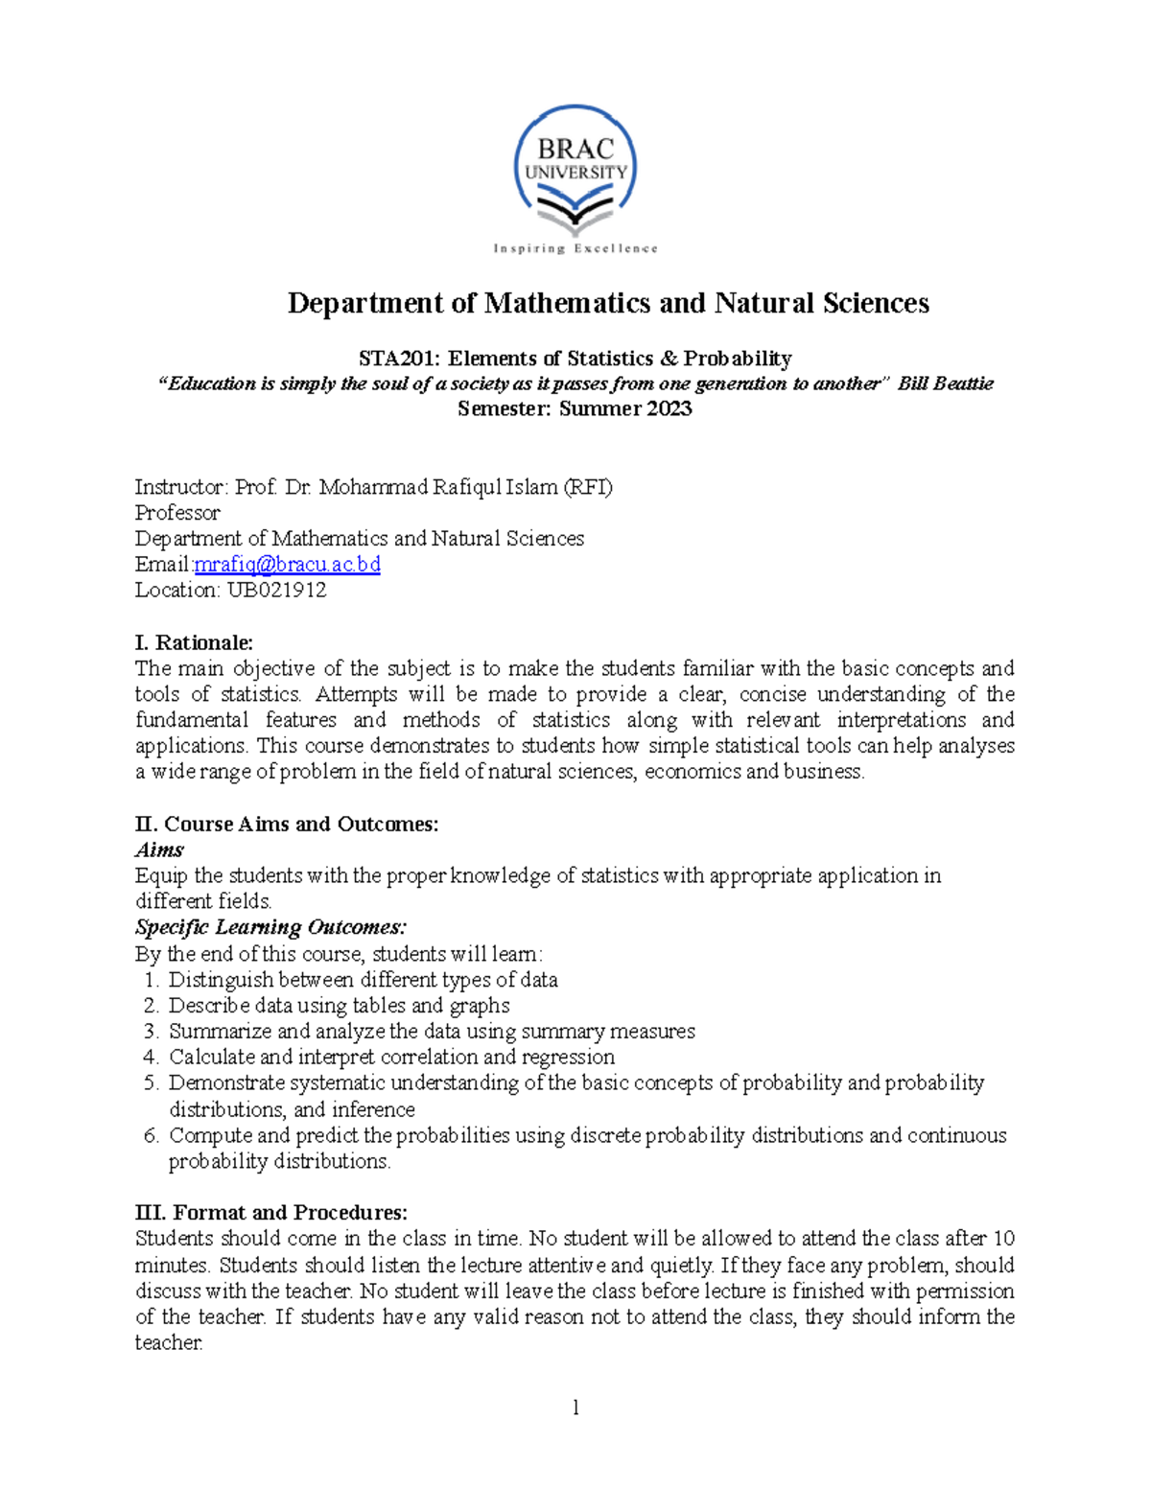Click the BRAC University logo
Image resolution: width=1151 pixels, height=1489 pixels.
(575, 173)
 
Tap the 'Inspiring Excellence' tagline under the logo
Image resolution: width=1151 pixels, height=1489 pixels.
(575, 249)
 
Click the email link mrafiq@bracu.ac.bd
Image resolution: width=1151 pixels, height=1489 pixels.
(287, 565)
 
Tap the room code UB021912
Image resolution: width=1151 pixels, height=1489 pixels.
(276, 591)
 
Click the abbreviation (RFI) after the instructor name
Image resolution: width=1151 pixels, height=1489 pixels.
(587, 487)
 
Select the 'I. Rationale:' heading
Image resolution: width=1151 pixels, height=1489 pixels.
(194, 642)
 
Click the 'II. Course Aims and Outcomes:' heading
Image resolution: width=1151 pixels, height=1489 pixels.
(287, 825)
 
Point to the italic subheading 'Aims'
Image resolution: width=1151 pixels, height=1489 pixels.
(159, 850)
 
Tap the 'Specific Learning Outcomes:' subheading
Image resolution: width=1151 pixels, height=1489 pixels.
(270, 928)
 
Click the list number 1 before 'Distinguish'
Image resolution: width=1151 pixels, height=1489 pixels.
(150, 980)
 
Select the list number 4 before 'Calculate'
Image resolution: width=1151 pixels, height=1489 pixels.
(150, 1058)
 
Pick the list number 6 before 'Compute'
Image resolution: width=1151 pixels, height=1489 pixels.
(150, 1136)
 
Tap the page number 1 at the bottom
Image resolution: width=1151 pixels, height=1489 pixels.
(575, 1408)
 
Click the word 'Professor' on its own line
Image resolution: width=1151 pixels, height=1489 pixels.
(177, 513)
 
